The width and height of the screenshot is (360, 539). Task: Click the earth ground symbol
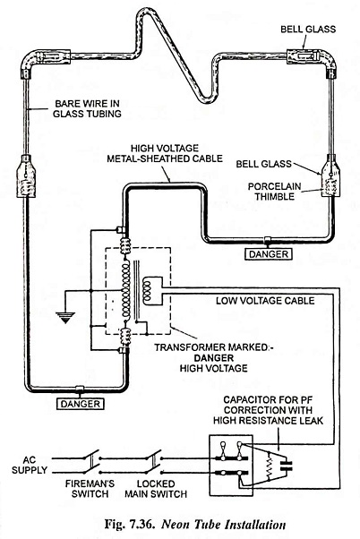coord(65,317)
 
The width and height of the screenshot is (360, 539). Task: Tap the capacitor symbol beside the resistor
coord(286,465)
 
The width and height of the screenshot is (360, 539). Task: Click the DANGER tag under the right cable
coord(268,254)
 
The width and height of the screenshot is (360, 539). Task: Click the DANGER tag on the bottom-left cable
coord(80,404)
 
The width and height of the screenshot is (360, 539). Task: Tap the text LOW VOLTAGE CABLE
coord(265,301)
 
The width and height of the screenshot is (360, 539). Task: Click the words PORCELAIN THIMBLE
coord(274,192)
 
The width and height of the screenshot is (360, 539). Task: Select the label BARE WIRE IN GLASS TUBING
coord(88,108)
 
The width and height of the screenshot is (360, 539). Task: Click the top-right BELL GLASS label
coord(308,29)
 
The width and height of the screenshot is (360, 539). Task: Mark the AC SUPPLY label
coord(30,465)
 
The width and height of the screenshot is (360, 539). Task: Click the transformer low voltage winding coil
coord(147,291)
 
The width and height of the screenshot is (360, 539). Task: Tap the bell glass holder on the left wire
coord(26,176)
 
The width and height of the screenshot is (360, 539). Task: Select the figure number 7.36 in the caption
coord(142,525)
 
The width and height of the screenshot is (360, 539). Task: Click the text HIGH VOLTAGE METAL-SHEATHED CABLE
coord(165,153)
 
